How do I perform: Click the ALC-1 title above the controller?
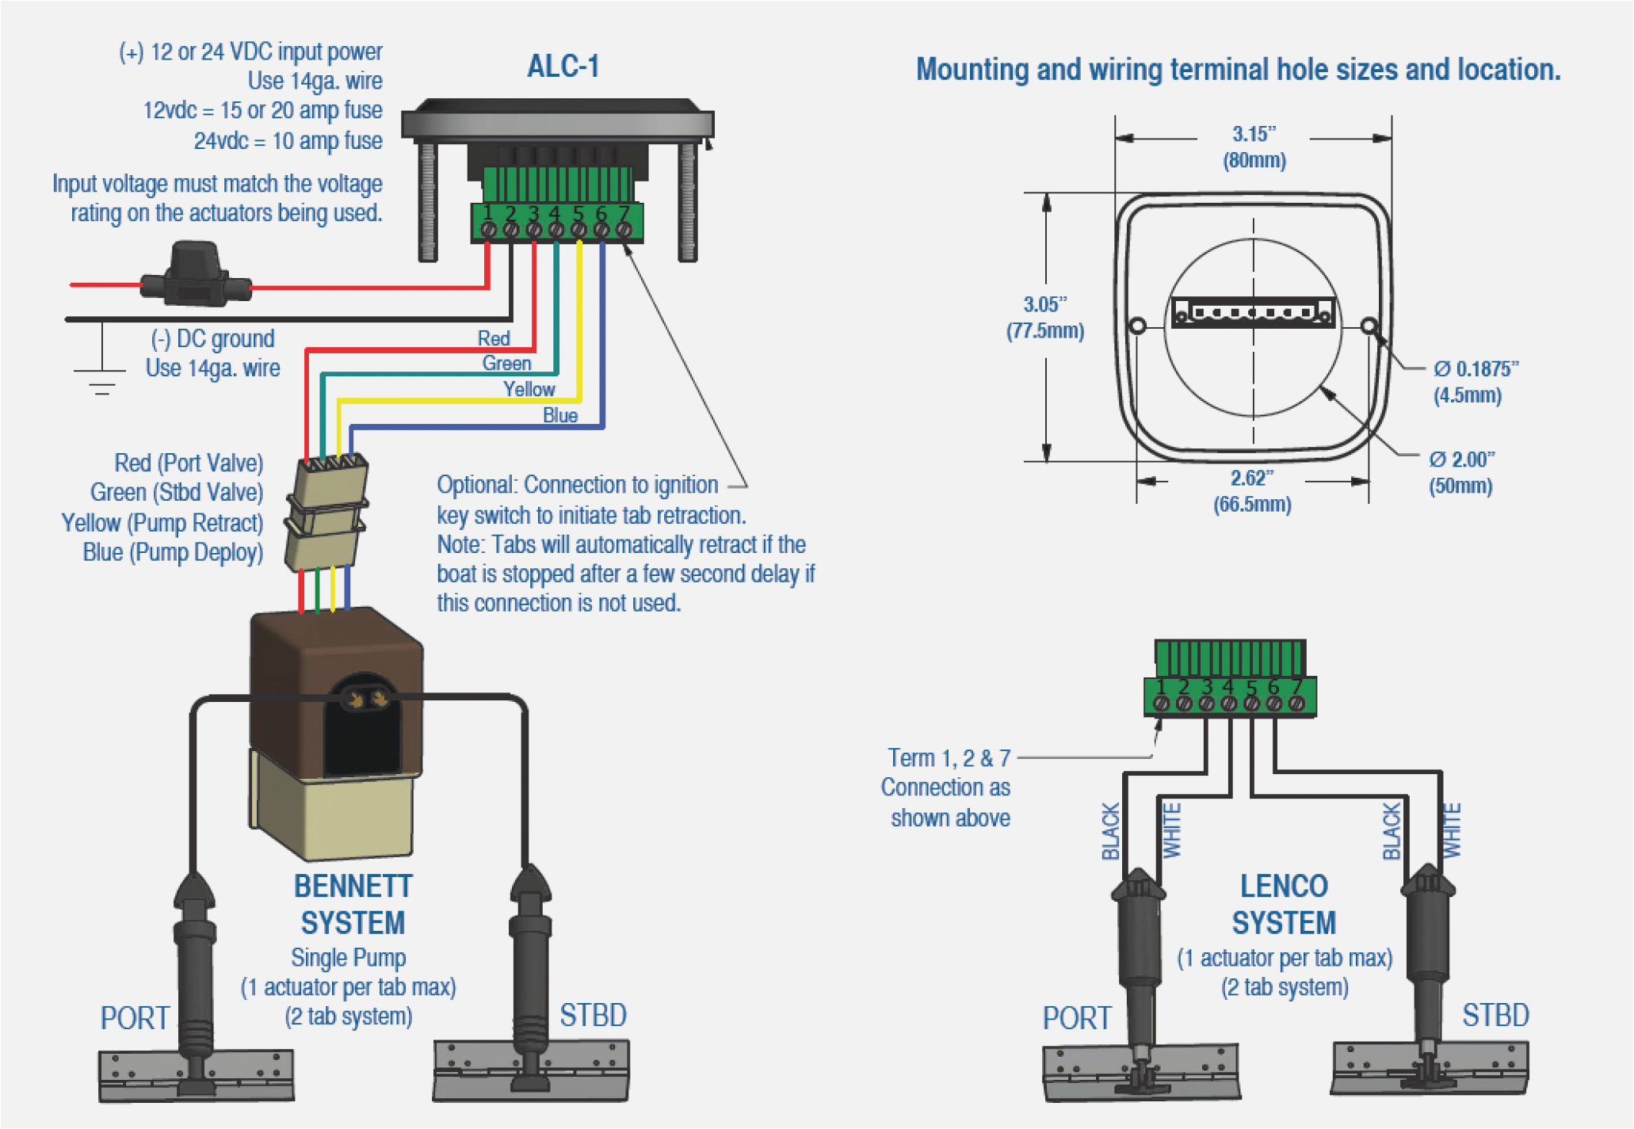click(563, 67)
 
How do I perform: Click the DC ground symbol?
click(101, 378)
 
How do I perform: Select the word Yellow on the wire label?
click(529, 389)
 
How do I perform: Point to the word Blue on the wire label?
click(559, 415)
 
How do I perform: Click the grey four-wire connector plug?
click(326, 511)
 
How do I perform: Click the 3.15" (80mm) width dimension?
click(1254, 147)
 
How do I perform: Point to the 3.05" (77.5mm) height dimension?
click(1045, 317)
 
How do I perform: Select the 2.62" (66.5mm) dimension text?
click(1252, 490)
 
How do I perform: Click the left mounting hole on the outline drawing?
click(1137, 326)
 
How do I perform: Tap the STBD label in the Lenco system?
click(1495, 1015)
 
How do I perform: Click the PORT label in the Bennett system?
click(134, 1018)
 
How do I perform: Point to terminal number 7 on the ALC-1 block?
click(624, 214)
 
